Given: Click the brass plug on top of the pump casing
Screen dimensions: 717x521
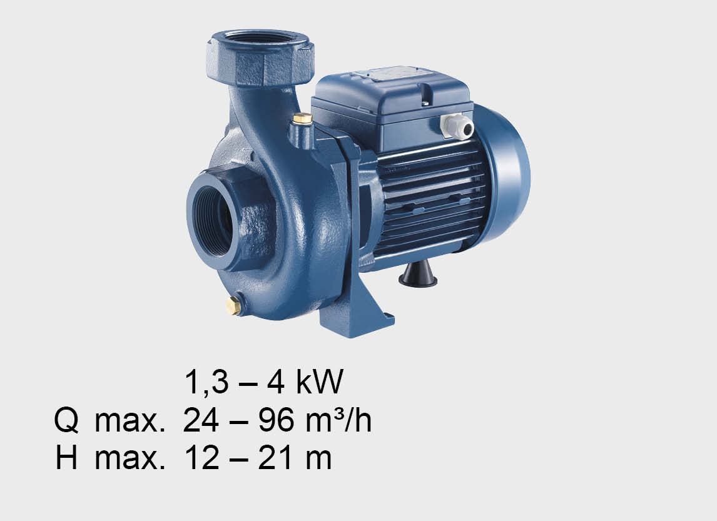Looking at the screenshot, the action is (302, 119).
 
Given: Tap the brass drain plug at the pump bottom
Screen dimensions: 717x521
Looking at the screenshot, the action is (233, 306).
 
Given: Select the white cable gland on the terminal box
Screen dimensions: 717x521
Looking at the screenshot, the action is (457, 126).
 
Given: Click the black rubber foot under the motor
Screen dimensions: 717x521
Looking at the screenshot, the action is (418, 274).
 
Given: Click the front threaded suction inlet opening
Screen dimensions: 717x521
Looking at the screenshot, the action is (214, 221).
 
